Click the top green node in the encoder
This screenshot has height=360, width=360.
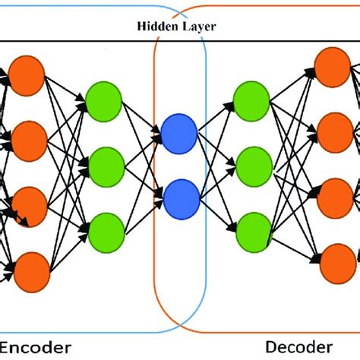(x=105, y=98)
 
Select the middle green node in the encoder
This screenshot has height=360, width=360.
(x=105, y=165)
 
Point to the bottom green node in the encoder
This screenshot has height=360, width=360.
(x=105, y=231)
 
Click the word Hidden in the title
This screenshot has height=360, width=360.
(x=156, y=25)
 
